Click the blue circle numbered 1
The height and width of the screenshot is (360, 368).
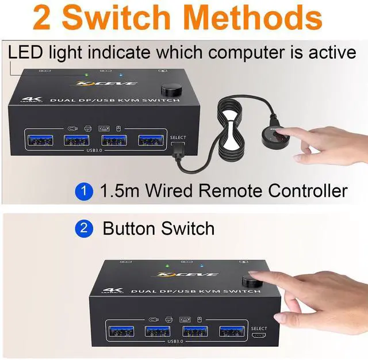[85, 191]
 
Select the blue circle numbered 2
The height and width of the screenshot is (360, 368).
[85, 228]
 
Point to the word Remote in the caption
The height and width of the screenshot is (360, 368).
[225, 190]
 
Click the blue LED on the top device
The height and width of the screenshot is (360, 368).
[120, 74]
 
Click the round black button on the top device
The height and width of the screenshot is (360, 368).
[170, 90]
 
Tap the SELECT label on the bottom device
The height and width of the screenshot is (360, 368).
[259, 328]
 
